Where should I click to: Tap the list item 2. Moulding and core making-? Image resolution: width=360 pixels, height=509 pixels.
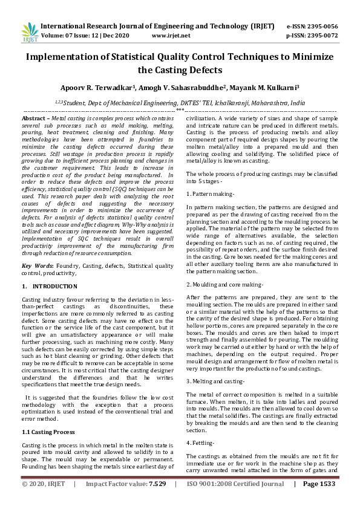coord(224,284)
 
